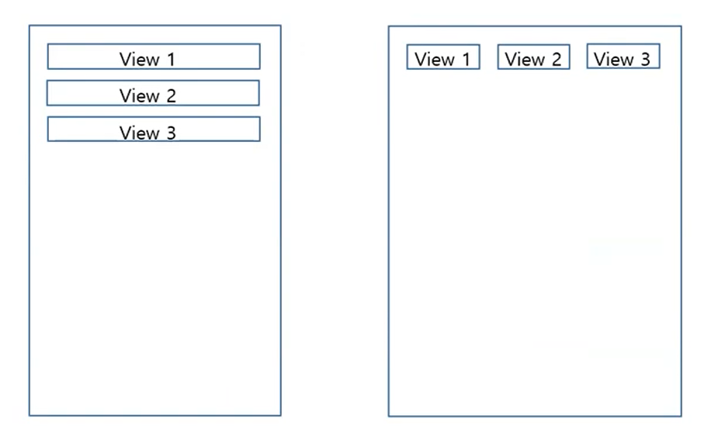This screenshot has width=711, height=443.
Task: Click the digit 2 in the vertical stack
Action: [x=170, y=96]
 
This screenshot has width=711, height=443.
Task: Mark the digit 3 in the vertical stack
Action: [x=170, y=133]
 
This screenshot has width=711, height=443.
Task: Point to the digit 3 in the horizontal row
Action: [x=644, y=60]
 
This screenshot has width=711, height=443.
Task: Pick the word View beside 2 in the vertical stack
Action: [x=138, y=96]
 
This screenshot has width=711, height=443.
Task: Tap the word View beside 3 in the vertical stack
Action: [x=138, y=133]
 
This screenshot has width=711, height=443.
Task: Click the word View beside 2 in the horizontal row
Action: [x=524, y=60]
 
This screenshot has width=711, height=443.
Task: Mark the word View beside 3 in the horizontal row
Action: [x=613, y=60]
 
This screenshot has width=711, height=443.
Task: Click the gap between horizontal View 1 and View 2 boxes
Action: [x=489, y=57]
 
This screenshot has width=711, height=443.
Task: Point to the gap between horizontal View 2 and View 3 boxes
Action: [x=579, y=57]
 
